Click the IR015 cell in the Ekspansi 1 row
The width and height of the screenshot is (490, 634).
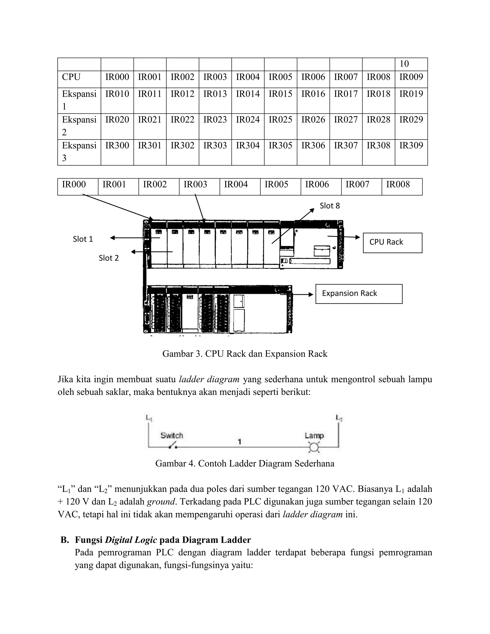pyautogui.click(x=280, y=94)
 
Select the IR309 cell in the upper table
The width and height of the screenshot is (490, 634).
pyautogui.click(x=411, y=145)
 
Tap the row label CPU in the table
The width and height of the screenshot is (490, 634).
pyautogui.click(x=71, y=77)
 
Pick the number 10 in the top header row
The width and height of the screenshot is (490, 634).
pyautogui.click(x=404, y=64)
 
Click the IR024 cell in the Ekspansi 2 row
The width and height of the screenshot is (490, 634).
pyautogui.click(x=248, y=120)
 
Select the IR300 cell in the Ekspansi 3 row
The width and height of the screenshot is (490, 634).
pyautogui.click(x=117, y=145)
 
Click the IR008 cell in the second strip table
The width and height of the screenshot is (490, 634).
pyautogui.click(x=398, y=184)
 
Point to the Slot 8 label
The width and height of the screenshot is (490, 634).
pyautogui.click(x=329, y=206)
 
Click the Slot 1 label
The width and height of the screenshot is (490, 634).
pyautogui.click(x=83, y=239)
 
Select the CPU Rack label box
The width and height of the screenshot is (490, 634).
pyautogui.click(x=392, y=243)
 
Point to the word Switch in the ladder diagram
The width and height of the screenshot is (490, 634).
pyautogui.click(x=172, y=435)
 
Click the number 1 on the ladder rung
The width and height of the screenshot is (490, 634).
pyautogui.click(x=239, y=442)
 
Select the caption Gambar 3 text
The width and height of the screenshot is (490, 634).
pyautogui.click(x=245, y=354)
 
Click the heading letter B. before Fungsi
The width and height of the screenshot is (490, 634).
pyautogui.click(x=65, y=540)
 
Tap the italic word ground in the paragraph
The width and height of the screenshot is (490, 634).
pyautogui.click(x=161, y=502)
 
